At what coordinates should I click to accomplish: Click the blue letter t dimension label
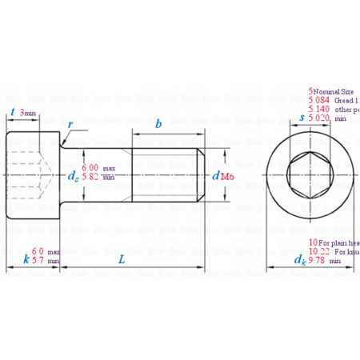pos(13,113)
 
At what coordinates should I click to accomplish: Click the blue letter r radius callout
pos(71,126)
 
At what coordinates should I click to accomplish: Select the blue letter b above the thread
pos(158,124)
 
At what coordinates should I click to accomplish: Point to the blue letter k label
pos(26,258)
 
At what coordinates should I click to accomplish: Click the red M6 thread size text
pos(227,176)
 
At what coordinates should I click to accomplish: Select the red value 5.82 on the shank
pos(90,177)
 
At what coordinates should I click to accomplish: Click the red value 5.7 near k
pos(38,260)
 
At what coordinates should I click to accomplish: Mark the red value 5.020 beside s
pos(319,118)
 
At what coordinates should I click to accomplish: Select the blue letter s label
pos(301,118)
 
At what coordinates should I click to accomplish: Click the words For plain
pos(336,242)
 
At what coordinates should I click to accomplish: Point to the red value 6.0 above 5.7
pos(38,250)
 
